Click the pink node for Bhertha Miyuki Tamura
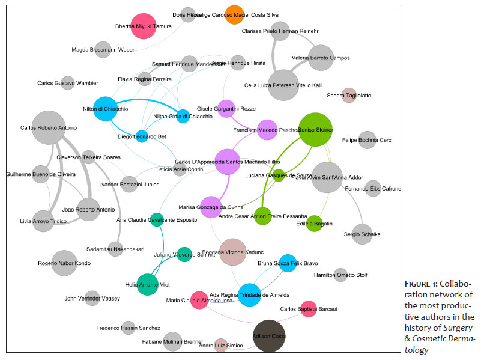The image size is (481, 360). click(144, 26)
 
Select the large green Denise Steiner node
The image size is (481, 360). click(315, 129)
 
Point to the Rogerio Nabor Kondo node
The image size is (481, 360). click(64, 263)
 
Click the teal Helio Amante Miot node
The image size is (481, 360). click(148, 284)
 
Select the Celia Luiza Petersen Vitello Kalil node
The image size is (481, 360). click(283, 85)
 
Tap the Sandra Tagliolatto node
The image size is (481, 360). click(349, 95)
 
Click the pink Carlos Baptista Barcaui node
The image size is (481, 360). click(308, 309)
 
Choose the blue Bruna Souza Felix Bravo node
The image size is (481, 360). click(288, 263)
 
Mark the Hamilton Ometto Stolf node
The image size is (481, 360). click(340, 275)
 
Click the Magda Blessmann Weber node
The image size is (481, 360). click(103, 50)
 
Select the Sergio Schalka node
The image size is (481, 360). click(363, 234)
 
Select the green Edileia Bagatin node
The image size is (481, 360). click(314, 224)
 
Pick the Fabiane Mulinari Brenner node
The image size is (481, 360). click(172, 341)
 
